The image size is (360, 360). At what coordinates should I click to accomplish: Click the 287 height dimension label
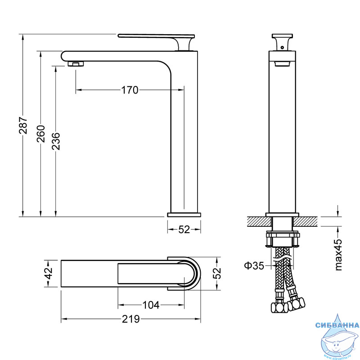pyautogui.click(x=23, y=126)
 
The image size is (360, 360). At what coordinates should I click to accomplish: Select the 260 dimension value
pyautogui.click(x=41, y=134)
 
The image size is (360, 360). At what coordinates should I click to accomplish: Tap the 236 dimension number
pyautogui.click(x=56, y=141)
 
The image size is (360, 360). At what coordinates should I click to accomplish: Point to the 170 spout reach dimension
pyautogui.click(x=130, y=90)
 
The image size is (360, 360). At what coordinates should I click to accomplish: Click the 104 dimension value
pyautogui.click(x=151, y=305)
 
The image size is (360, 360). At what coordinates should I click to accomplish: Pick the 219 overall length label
pyautogui.click(x=130, y=319)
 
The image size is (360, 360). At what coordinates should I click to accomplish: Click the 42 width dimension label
pyautogui.click(x=49, y=273)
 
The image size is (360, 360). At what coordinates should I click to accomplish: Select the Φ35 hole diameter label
pyautogui.click(x=254, y=265)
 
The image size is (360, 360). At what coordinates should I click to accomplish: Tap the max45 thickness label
pyautogui.click(x=338, y=255)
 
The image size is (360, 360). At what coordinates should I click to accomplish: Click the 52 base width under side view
pyautogui.click(x=184, y=229)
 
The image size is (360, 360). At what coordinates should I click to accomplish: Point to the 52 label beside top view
pyautogui.click(x=217, y=273)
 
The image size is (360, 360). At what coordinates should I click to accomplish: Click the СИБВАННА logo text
pyautogui.click(x=337, y=325)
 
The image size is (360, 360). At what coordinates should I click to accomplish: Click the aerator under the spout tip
pyautogui.click(x=76, y=64)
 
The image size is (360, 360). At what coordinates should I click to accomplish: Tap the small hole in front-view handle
pyautogui.click(x=282, y=48)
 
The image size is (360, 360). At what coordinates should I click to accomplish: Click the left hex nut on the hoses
pyautogui.click(x=279, y=307)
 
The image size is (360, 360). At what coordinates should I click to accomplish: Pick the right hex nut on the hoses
pyautogui.click(x=297, y=304)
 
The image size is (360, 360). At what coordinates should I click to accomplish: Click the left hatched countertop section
pyautogui.click(x=260, y=221)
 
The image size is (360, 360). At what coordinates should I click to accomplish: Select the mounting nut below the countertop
pyautogui.click(x=283, y=239)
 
